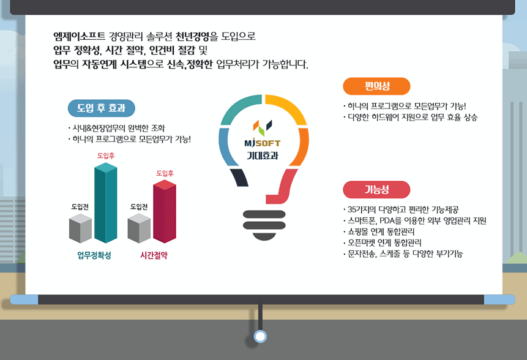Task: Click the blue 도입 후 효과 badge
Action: click(101, 108)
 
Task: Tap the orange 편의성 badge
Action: click(376, 86)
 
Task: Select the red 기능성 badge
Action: click(376, 190)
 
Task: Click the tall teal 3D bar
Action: click(105, 203)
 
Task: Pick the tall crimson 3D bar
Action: click(165, 211)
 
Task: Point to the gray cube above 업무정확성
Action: click(80, 228)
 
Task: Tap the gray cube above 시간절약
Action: click(139, 228)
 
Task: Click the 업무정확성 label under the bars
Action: click(94, 255)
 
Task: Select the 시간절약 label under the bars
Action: click(154, 255)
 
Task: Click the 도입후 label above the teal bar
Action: click(106, 156)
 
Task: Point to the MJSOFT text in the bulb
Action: click(263, 143)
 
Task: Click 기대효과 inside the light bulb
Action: click(263, 156)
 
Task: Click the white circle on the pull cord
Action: click(260, 336)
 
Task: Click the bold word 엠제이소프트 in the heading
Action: click(80, 36)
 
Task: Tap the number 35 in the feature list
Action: click(352, 210)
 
